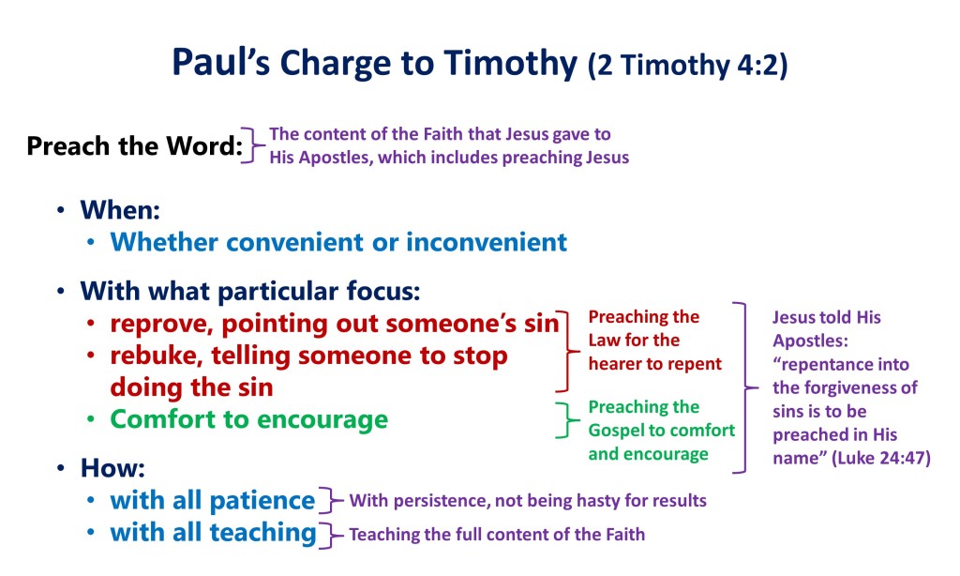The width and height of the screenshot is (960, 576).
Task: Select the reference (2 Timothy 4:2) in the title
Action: [x=687, y=65]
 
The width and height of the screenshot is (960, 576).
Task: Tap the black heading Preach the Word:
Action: [x=135, y=145]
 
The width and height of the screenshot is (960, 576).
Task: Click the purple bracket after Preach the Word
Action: [x=252, y=145]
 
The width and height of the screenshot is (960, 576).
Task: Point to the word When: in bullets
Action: [x=120, y=210]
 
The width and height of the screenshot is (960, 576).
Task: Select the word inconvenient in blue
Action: [x=487, y=242]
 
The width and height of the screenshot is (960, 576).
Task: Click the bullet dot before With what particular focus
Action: [x=61, y=291]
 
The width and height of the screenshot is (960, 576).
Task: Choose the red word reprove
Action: [x=161, y=325]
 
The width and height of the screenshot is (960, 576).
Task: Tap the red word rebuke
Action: [x=157, y=356]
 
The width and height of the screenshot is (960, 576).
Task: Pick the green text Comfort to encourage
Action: [x=248, y=419]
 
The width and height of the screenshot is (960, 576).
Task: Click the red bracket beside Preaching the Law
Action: [x=567, y=351]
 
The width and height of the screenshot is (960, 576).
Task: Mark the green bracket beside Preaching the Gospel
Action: [x=567, y=420]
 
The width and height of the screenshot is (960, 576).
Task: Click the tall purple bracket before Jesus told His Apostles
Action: [x=745, y=387]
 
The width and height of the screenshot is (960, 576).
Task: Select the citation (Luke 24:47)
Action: [x=881, y=459]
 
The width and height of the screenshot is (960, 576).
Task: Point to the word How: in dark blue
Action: [x=112, y=468]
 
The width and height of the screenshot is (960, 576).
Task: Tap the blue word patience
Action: [x=262, y=501]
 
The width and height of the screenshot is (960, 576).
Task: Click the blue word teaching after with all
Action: [x=263, y=533]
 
